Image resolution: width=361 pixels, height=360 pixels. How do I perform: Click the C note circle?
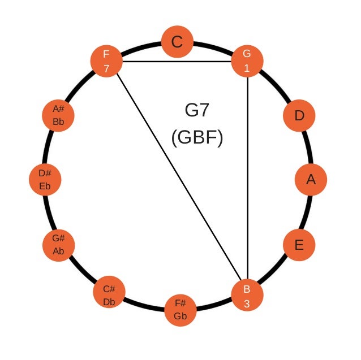coord(178,42)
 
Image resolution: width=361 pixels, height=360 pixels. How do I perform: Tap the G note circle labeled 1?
coord(247,60)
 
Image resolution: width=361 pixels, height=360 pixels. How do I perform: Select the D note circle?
coord(299,116)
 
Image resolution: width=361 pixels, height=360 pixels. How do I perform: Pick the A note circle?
coord(311,180)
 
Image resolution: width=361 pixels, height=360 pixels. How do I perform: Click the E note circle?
coord(299,245)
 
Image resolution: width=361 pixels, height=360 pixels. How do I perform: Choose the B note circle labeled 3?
coord(247,295)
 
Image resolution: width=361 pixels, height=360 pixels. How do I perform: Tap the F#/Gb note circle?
coord(180,310)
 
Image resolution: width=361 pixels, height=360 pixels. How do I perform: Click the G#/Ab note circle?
coord(59,245)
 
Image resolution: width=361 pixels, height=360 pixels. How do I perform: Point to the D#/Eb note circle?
coord(45,180)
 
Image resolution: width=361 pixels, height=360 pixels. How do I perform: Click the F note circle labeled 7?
coord(106,60)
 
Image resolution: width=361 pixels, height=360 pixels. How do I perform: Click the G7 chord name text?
coord(197,110)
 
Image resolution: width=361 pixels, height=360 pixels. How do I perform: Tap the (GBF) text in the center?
coord(197,137)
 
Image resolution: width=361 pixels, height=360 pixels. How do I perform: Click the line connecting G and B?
coord(248,175)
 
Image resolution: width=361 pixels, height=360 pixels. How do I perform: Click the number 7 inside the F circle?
coord(106,68)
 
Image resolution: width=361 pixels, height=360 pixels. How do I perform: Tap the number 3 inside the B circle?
coord(247,302)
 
